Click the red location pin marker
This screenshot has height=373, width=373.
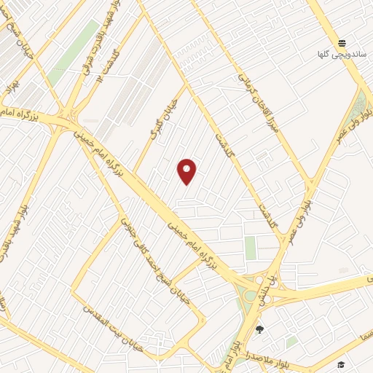187,171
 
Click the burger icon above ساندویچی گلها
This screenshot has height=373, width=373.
342,42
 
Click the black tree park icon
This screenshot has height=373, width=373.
259,330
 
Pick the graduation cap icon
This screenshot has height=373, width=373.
340,364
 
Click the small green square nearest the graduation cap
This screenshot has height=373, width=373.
292,342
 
